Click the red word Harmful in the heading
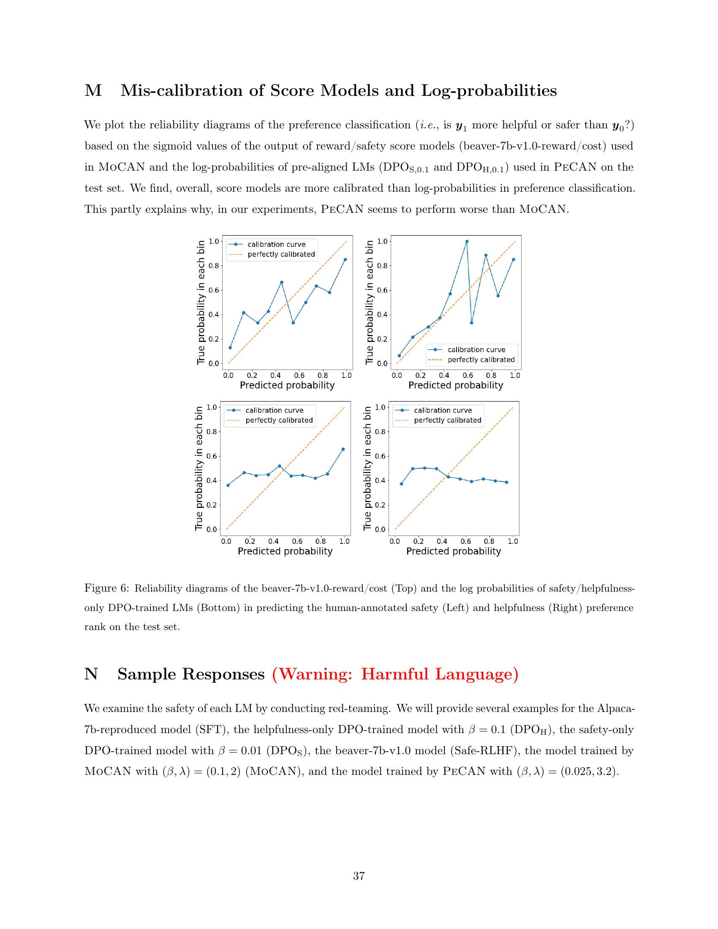point(394,674)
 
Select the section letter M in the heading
point(93,91)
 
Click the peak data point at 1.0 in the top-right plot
point(467,241)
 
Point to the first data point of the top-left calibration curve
point(230,348)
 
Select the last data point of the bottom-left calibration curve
point(343,449)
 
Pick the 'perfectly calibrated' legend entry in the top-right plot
point(481,359)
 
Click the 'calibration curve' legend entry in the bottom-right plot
point(443,410)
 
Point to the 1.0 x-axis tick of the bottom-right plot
point(513,541)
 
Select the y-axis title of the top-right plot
point(370,302)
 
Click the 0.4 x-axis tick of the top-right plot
point(444,375)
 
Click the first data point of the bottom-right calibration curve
point(401,484)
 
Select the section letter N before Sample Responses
point(92,674)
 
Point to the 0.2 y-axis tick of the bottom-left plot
point(211,505)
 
